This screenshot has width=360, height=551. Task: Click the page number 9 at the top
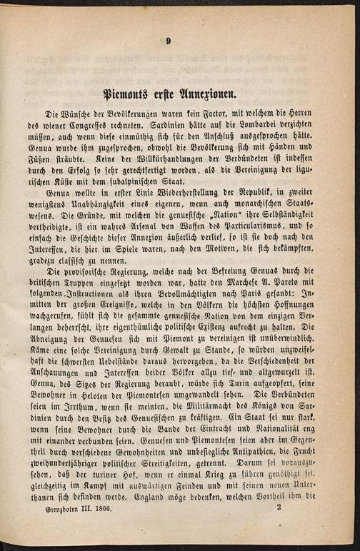tap(169, 41)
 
